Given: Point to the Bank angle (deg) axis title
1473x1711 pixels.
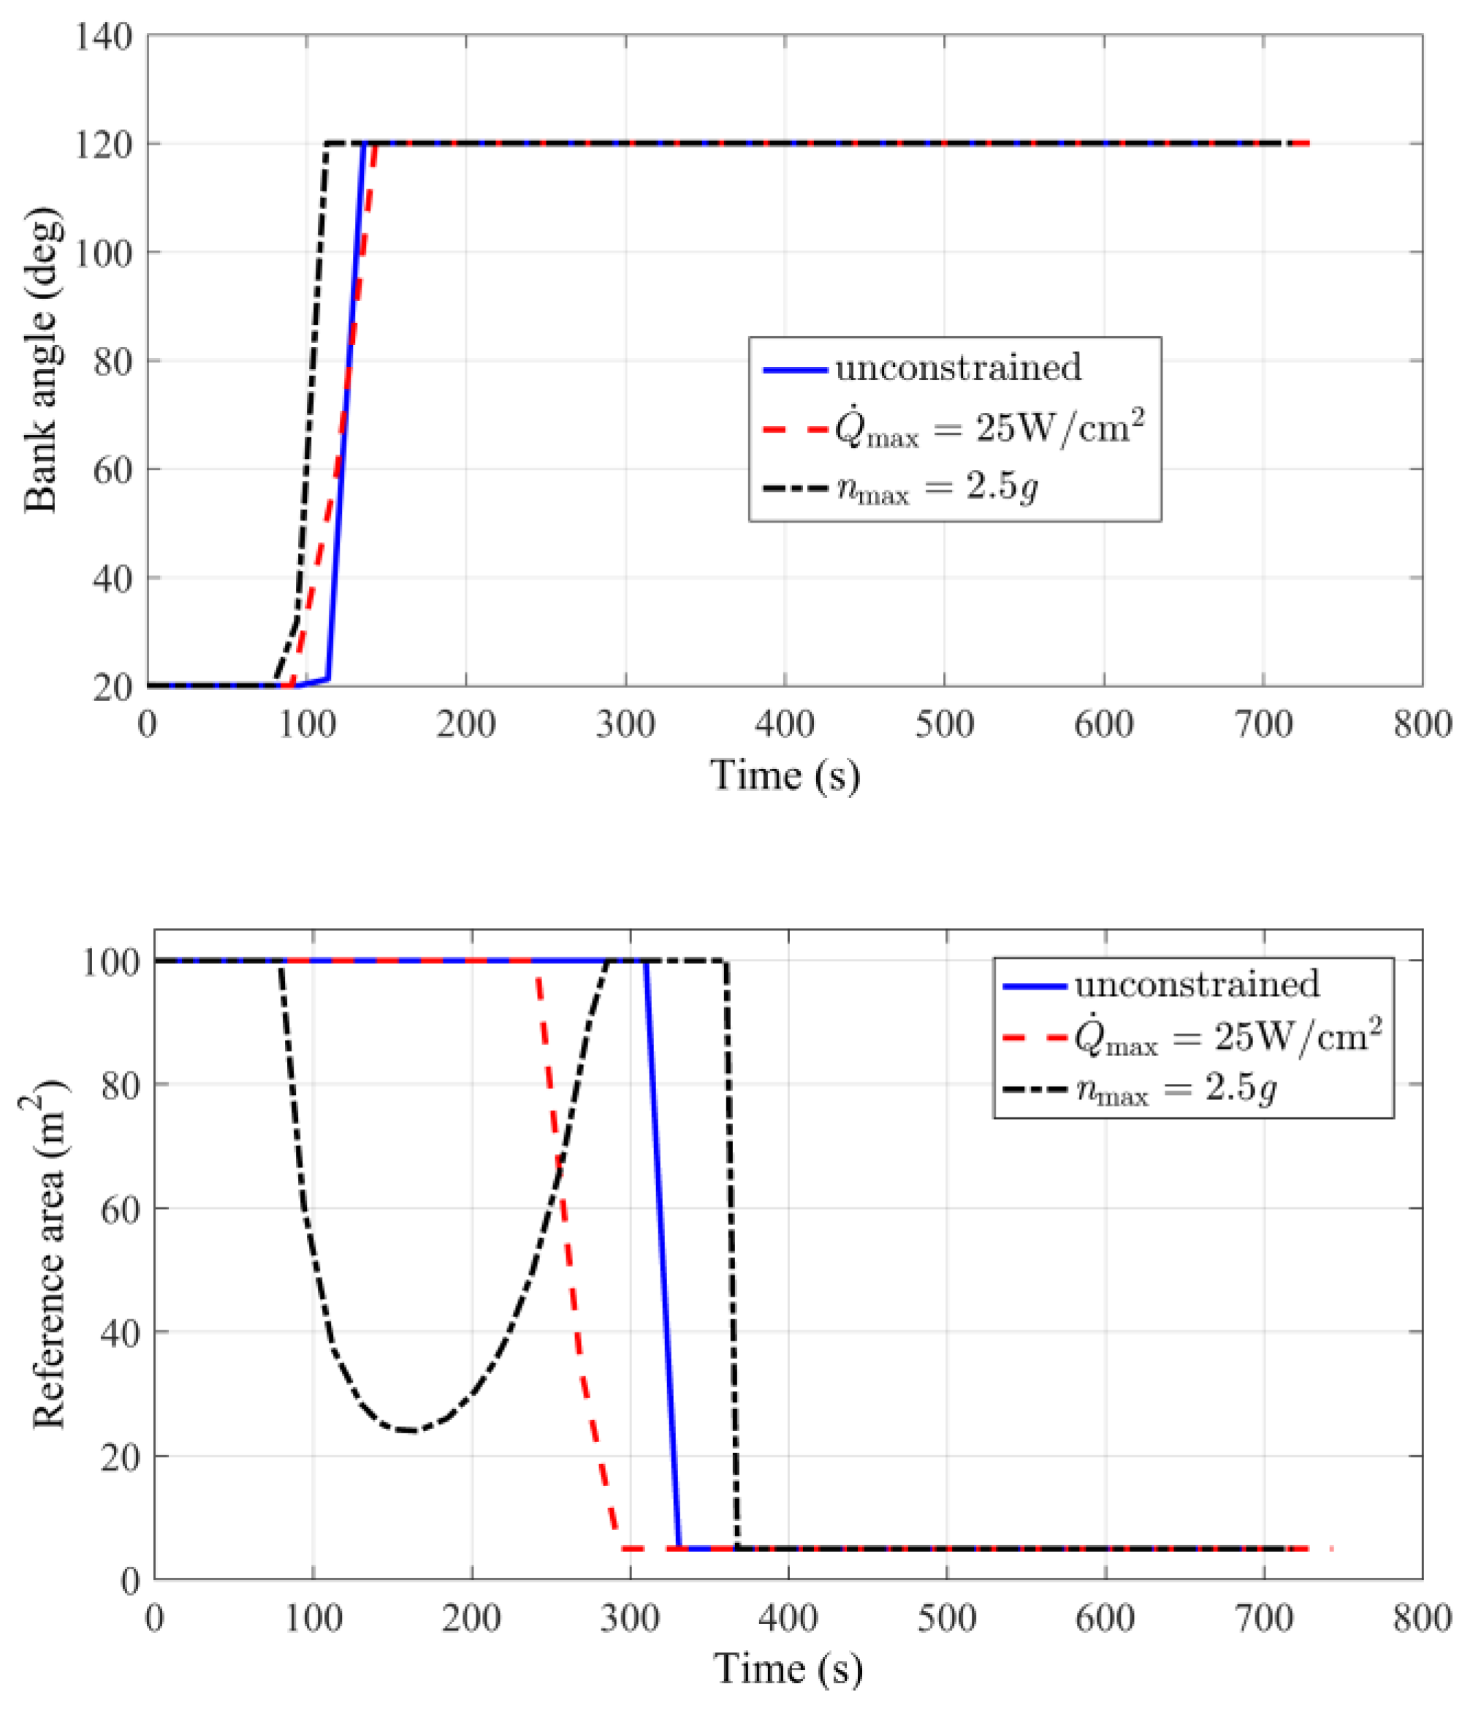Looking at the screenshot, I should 42,361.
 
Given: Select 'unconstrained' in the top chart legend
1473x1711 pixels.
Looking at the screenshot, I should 957,368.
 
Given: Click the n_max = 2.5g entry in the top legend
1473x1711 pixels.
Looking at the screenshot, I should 937,488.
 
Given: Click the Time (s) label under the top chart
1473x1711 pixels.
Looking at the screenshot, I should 785,775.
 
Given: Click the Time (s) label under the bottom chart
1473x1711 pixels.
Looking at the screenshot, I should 788,1668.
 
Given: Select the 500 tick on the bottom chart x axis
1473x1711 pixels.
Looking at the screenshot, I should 946,1617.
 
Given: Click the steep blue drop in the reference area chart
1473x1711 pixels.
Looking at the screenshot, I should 662,1255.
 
